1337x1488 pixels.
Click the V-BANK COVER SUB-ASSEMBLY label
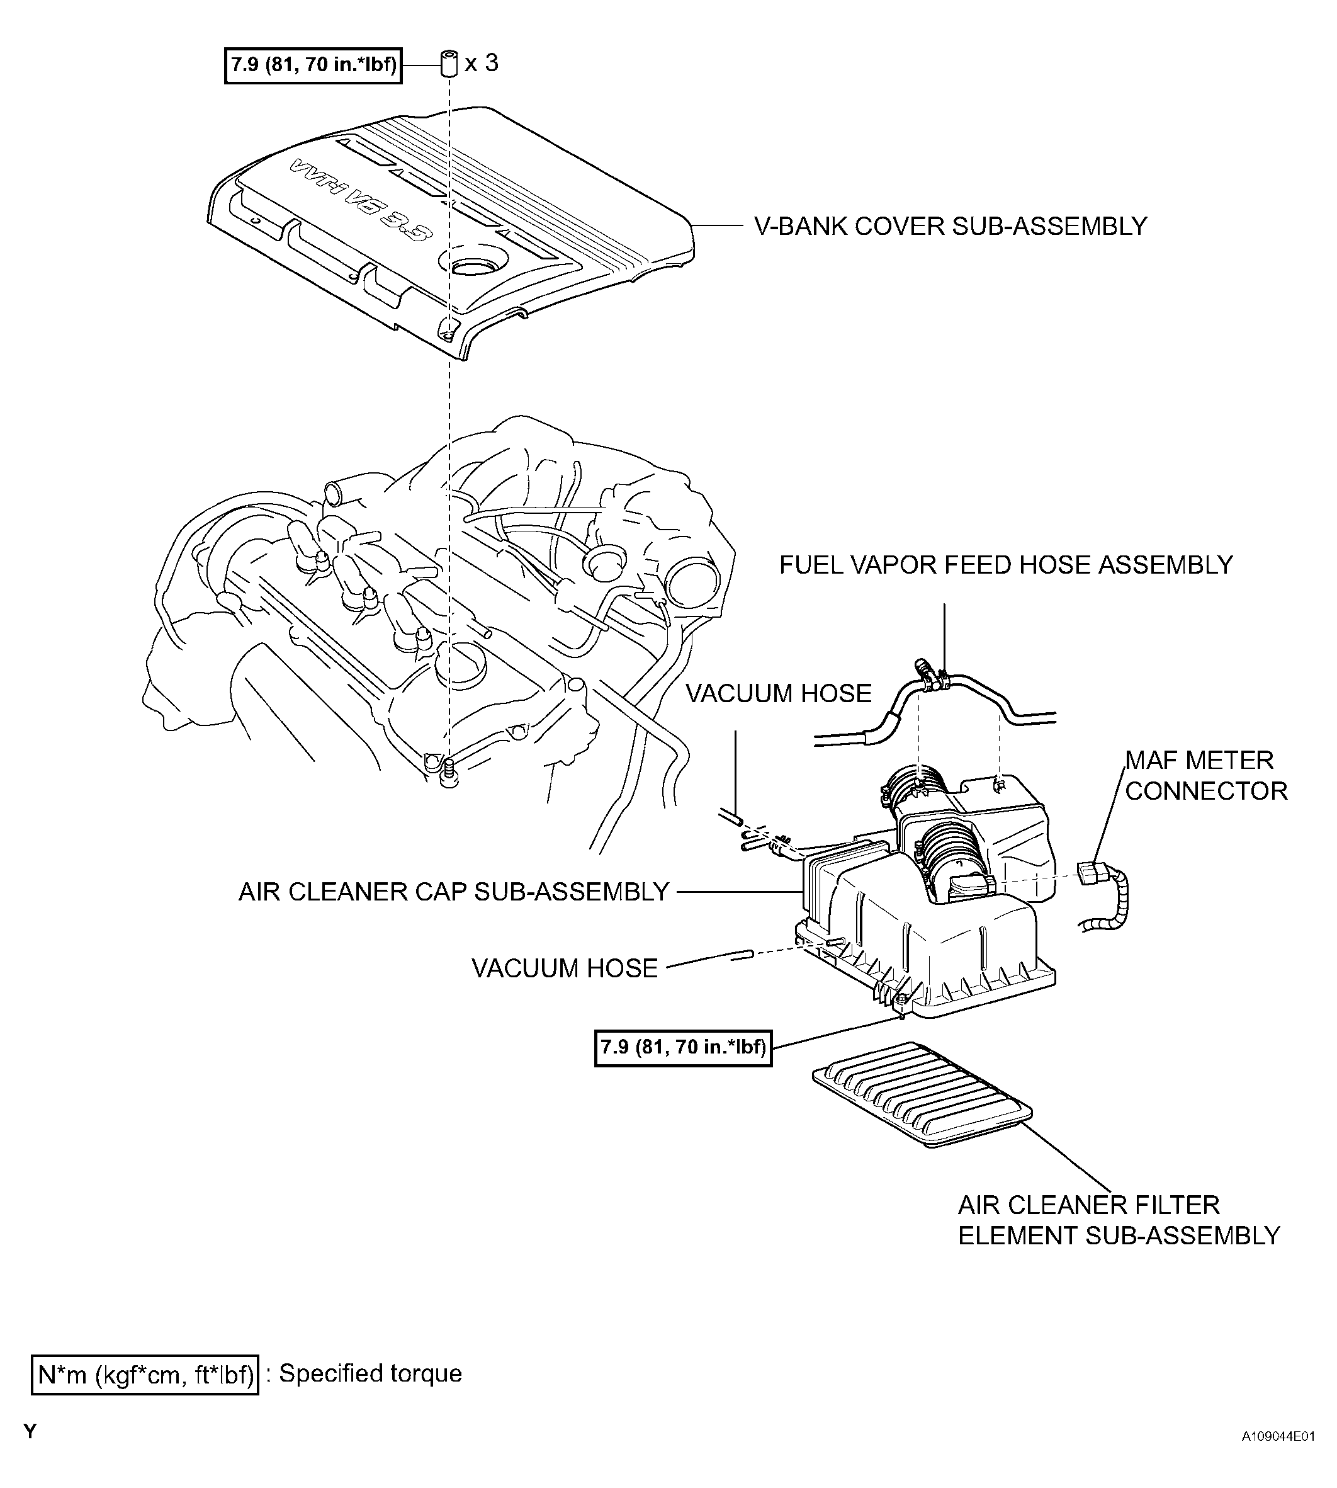point(951,226)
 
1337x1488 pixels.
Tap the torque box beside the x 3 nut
point(313,65)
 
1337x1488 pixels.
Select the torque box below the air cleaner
point(683,1047)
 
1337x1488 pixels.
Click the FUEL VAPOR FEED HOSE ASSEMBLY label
point(1006,565)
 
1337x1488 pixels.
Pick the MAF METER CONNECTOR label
point(1206,775)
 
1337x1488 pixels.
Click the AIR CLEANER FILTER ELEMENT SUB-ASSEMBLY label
point(1119,1220)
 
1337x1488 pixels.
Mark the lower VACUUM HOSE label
point(564,968)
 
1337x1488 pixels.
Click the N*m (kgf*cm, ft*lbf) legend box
point(145,1375)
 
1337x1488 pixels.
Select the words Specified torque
point(371,1373)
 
